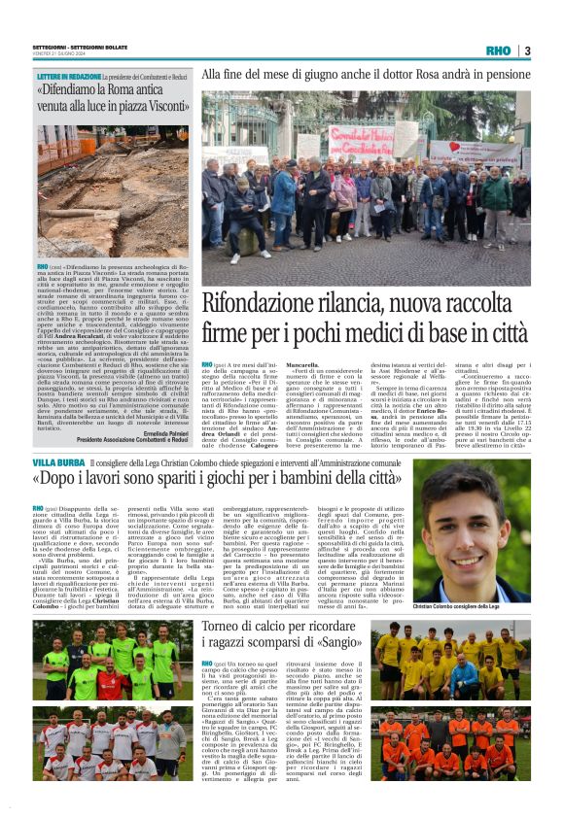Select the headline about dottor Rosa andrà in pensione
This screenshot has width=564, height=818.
click(x=366, y=74)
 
